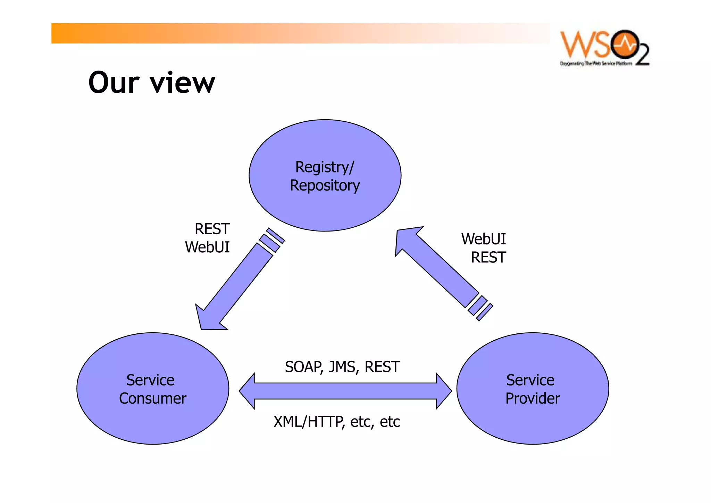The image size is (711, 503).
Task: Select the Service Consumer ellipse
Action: click(x=152, y=421)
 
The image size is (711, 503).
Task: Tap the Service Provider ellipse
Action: click(x=532, y=421)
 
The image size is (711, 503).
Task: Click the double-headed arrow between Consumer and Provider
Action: click(x=345, y=391)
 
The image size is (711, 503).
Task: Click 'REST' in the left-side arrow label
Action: click(x=212, y=229)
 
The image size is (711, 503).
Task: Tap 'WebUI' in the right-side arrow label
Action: click(x=483, y=239)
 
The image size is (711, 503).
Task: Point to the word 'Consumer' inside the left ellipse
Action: click(x=152, y=398)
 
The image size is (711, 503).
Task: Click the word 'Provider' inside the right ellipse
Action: click(x=533, y=398)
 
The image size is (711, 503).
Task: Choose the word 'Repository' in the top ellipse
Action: click(x=325, y=185)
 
